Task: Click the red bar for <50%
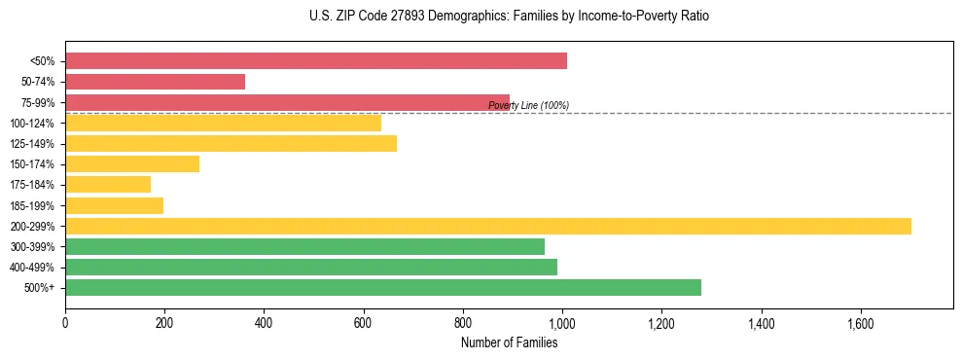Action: (316, 61)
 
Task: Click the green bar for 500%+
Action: (383, 287)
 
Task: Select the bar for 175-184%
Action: (108, 184)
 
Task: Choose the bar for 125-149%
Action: (232, 143)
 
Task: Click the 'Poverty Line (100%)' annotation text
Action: (528, 105)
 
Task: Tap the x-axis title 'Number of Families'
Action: (509, 342)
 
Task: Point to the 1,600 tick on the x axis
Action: (861, 322)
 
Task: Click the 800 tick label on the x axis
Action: (463, 322)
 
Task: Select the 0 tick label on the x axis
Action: (65, 322)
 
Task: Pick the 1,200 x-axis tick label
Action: (661, 322)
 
